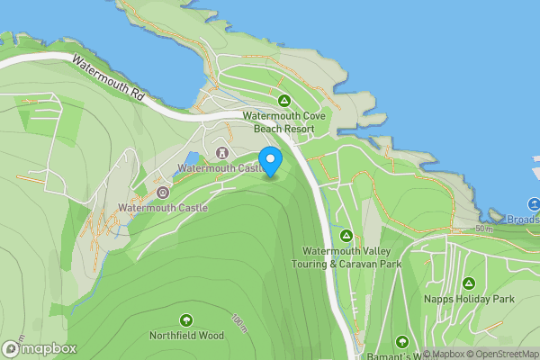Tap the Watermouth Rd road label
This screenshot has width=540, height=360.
click(107, 78)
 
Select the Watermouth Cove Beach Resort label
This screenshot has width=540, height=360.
click(283, 122)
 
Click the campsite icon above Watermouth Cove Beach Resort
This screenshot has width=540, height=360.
click(283, 101)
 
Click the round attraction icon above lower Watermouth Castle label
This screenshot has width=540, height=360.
click(163, 193)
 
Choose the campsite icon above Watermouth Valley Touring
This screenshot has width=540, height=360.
click(346, 236)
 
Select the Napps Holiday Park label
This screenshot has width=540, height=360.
click(468, 299)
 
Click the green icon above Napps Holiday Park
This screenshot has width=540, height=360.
click(468, 283)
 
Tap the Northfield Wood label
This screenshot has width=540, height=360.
click(186, 336)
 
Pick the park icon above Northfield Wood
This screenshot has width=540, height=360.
click(186, 319)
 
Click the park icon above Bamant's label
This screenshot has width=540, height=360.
click(401, 342)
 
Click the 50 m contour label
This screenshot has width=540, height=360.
click(485, 229)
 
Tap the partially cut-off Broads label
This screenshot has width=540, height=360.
click(522, 219)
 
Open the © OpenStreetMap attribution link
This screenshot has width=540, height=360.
click(501, 354)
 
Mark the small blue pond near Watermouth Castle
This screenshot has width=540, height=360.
click(192, 158)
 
